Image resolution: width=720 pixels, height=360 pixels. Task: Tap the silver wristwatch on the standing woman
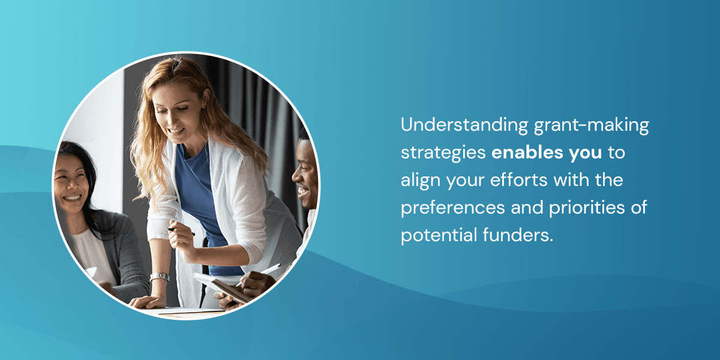[x=160, y=277]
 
